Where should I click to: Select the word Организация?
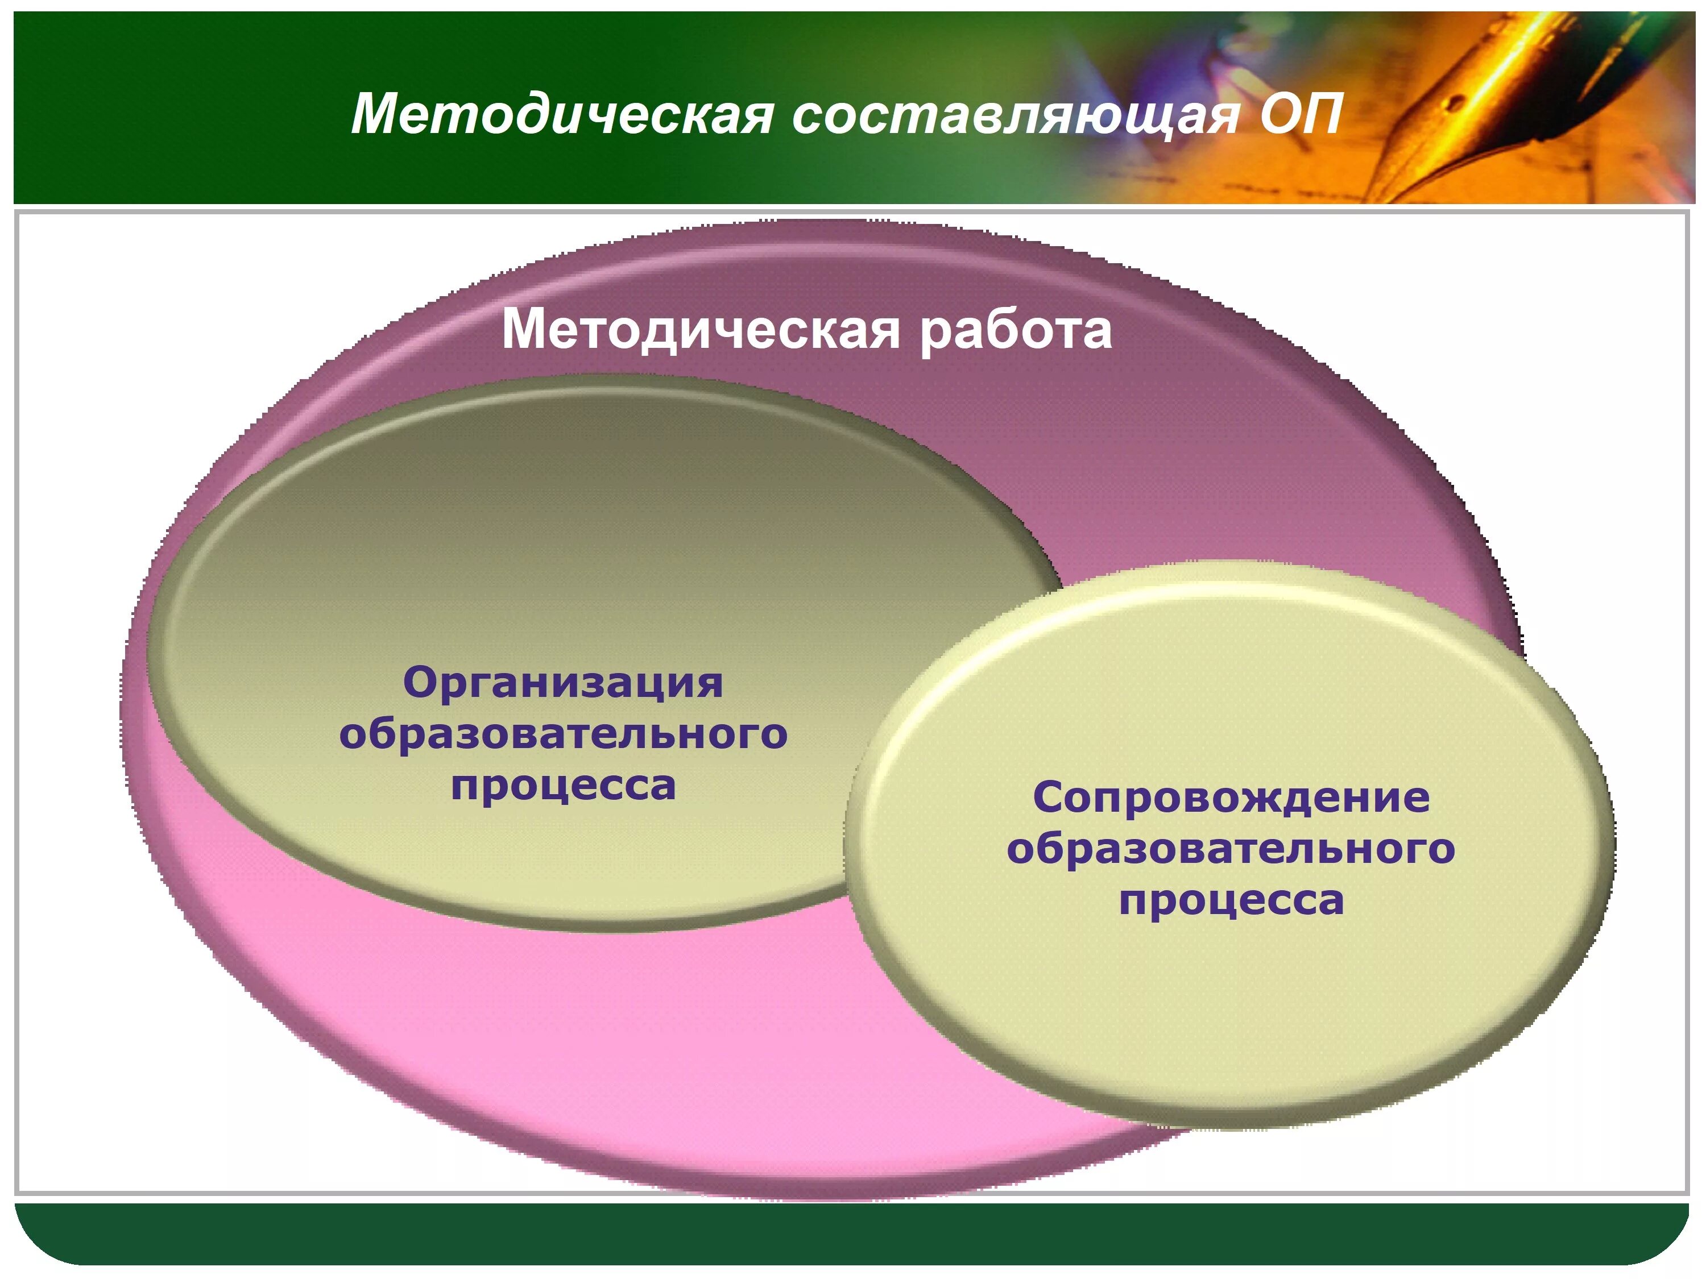click(563, 683)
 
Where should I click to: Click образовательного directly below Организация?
click(563, 734)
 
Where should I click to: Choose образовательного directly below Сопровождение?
click(1231, 849)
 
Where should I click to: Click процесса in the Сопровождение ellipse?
click(1231, 900)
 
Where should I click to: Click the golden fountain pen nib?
click(1465, 100)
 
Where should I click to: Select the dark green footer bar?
click(848, 1234)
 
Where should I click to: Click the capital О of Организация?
click(420, 683)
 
